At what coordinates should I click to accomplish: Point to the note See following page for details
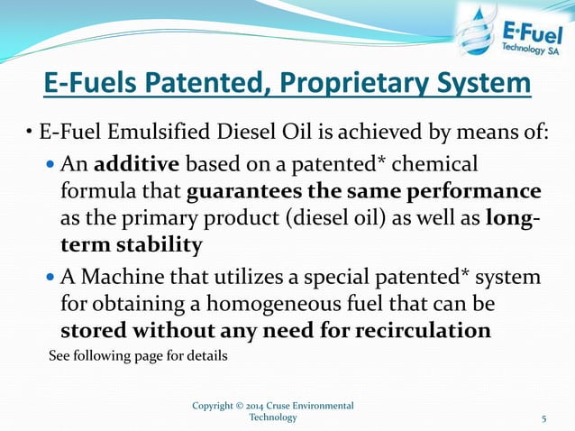click(x=138, y=355)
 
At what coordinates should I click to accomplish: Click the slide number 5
click(x=544, y=418)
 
